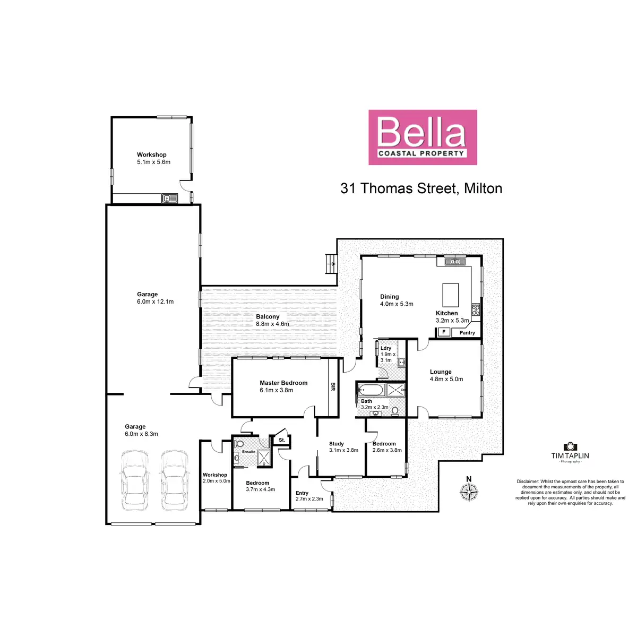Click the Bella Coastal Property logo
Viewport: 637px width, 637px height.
click(x=423, y=137)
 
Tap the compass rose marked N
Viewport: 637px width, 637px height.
click(x=469, y=492)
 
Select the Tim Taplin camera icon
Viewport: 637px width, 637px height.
click(x=570, y=447)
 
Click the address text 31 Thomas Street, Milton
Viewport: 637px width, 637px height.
click(x=421, y=188)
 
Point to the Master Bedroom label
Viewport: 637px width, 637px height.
click(x=283, y=383)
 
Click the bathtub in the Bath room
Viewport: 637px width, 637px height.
click(x=371, y=390)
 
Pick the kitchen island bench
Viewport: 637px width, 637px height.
click(x=451, y=293)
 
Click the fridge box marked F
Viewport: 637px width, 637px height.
click(x=443, y=332)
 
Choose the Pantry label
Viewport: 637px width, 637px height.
click(x=467, y=333)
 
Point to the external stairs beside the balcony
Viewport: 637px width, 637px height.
click(x=331, y=263)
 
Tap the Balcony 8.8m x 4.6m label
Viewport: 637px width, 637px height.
click(x=272, y=320)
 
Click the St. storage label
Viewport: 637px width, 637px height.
click(x=282, y=440)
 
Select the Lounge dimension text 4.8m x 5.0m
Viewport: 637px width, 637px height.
click(x=446, y=379)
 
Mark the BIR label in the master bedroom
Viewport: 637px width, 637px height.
click(x=333, y=386)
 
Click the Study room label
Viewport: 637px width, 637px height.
click(x=337, y=444)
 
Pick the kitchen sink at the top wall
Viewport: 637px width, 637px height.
click(x=454, y=261)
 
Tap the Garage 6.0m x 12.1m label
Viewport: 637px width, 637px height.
click(x=155, y=298)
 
